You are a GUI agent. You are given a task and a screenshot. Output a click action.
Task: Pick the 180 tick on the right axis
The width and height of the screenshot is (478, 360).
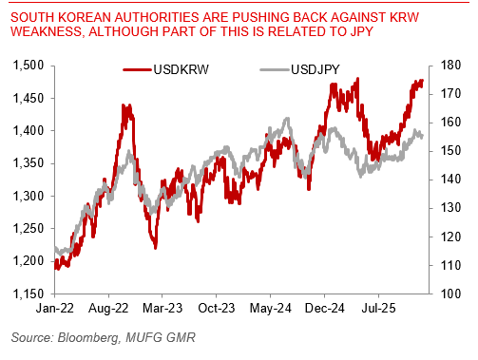coord(453,66)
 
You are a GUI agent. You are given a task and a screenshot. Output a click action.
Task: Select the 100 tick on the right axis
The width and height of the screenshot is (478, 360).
coord(453,294)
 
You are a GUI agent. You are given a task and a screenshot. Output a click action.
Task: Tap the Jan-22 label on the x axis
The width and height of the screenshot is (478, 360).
coord(55,309)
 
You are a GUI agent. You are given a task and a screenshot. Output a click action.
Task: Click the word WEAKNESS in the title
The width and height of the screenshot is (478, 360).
coord(41,29)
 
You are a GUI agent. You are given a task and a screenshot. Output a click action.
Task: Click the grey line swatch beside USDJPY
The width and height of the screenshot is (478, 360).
coord(273,69)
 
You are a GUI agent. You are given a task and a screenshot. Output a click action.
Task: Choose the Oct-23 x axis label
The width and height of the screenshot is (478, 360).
coord(220,309)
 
